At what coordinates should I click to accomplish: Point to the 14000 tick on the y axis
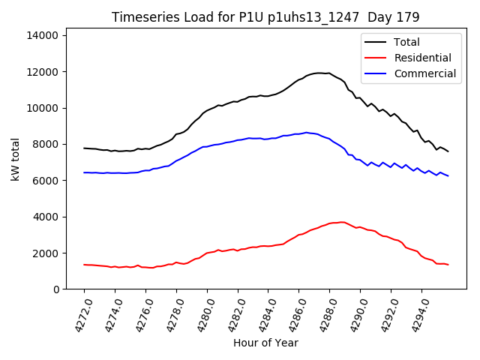[50, 35]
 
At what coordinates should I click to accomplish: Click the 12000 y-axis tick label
[50, 72]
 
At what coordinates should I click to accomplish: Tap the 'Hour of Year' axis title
[265, 343]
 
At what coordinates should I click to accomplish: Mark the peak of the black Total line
[319, 73]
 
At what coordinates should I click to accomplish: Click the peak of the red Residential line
[343, 222]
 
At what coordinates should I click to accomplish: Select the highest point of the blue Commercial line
[306, 132]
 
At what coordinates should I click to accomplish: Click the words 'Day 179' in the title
[392, 16]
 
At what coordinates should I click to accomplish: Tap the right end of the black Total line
[448, 151]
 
